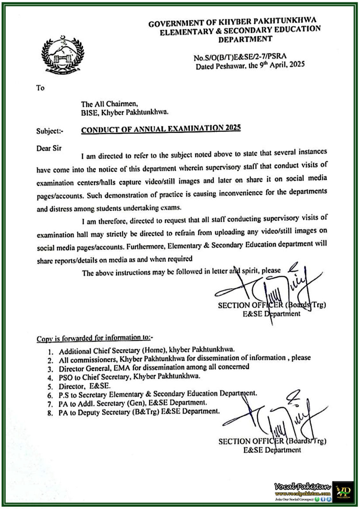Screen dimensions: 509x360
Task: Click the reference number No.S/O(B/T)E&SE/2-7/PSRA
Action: click(x=240, y=57)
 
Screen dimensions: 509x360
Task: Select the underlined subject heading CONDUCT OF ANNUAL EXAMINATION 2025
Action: click(x=161, y=129)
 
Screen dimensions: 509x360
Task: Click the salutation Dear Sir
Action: click(x=49, y=148)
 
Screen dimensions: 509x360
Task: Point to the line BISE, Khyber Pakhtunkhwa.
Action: click(x=124, y=112)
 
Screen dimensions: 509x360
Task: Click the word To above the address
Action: click(x=40, y=88)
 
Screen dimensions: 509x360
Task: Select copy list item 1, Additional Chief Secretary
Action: click(x=146, y=350)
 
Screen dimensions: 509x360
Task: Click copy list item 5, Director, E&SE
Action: click(x=84, y=386)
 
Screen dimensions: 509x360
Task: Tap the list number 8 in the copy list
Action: click(x=50, y=414)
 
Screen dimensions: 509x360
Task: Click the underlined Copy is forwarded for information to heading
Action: click(x=95, y=338)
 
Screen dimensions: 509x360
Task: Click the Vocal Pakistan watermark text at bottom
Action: click(x=302, y=486)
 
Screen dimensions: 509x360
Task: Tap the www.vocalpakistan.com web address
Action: click(x=302, y=493)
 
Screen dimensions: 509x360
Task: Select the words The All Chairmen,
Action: click(x=109, y=104)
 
